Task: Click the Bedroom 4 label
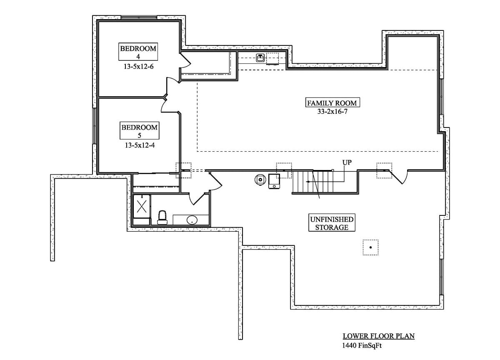coord(138,52)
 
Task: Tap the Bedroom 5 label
coord(139,131)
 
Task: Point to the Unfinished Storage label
coord(332,223)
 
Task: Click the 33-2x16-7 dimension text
coord(332,111)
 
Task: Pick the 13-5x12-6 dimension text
coord(139,66)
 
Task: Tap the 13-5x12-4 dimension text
coord(139,145)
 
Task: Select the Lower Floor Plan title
coord(378,336)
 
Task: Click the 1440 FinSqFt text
coord(362,345)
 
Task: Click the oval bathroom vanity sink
coord(192,220)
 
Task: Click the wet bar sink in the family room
coord(260,58)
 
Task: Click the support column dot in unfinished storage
coord(370,247)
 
